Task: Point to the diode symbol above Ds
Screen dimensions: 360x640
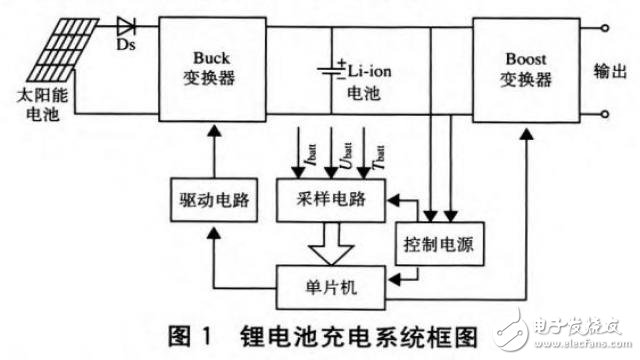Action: click(x=127, y=24)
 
